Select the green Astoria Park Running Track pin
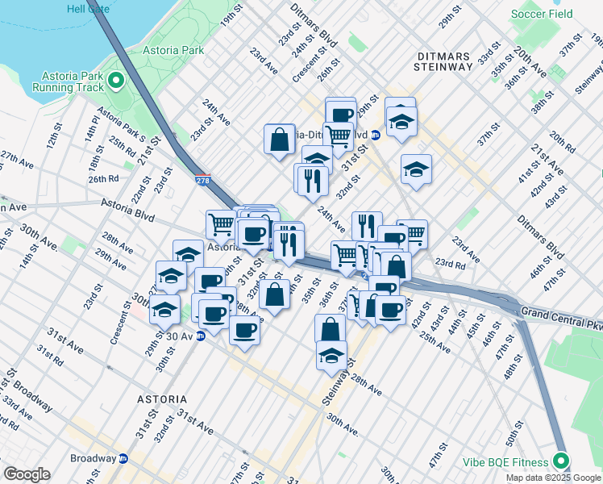[115, 80]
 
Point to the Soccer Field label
[542, 14]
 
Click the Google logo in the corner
[27, 474]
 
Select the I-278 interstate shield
[202, 177]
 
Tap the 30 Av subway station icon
[199, 336]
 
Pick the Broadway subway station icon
[123, 458]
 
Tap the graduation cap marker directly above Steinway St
[331, 355]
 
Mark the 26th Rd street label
[103, 178]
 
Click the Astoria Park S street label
[122, 123]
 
